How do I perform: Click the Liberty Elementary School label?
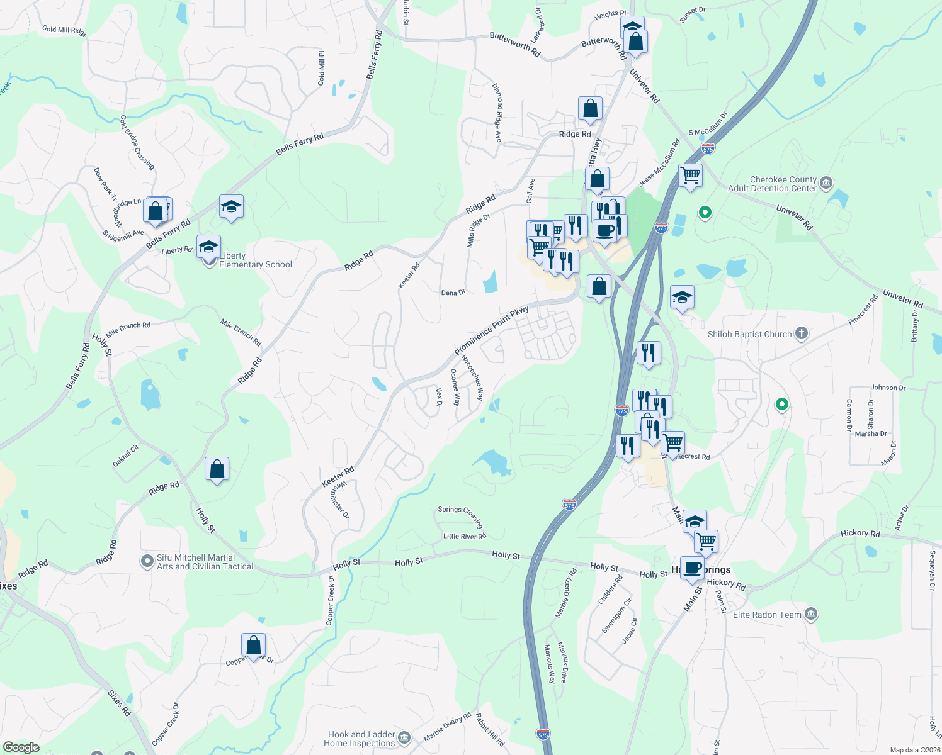coord(255,260)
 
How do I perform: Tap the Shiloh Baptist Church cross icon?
coord(801,333)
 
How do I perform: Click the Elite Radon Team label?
coord(767,615)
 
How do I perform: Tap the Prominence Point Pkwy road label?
coord(491,331)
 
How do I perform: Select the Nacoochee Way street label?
coord(473,377)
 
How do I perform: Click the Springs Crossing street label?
coord(460,515)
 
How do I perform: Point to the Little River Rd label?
coord(465,536)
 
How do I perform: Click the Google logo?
coord(21,747)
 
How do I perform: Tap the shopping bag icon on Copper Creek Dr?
coord(253,646)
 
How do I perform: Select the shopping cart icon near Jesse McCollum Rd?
coord(691,176)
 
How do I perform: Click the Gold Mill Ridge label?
coord(64,30)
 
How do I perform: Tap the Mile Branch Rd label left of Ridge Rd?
coord(128,329)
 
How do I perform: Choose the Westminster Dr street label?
coord(340,500)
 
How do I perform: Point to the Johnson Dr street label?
coord(888,388)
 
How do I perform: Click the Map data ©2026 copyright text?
coord(912,750)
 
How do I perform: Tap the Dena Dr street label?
coord(453,293)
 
